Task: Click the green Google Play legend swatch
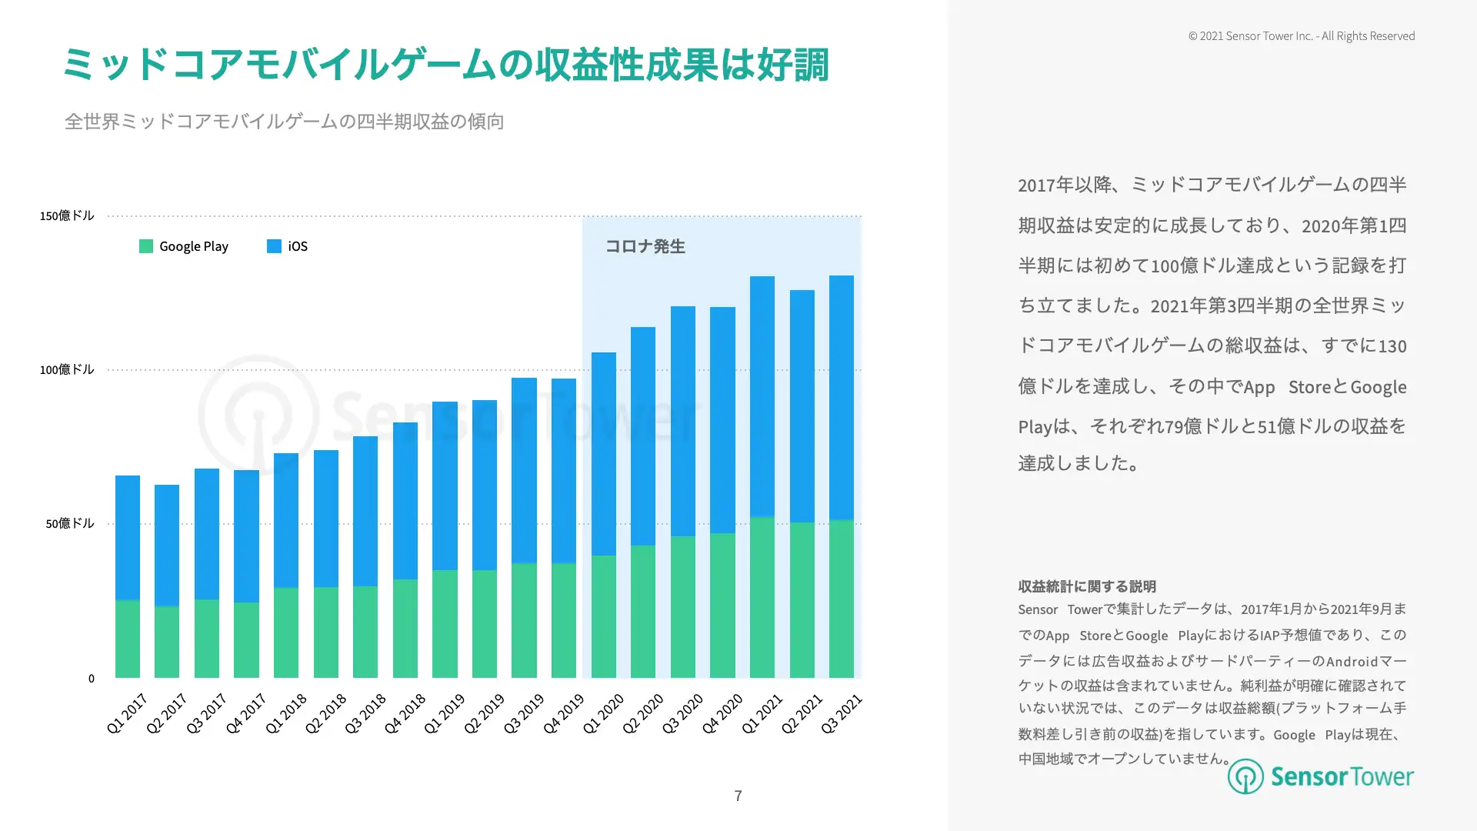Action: (x=146, y=246)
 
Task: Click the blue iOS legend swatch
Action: (x=274, y=246)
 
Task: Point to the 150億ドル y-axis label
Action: (x=67, y=215)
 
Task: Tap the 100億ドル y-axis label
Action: (x=67, y=369)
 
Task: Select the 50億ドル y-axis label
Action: (x=70, y=523)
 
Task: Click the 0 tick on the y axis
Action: (x=92, y=678)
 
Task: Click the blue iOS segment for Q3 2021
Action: (x=842, y=398)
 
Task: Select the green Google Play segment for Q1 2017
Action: (x=128, y=639)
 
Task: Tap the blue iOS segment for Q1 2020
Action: (x=604, y=454)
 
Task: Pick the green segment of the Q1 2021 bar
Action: (x=762, y=597)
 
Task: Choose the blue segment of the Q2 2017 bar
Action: (x=167, y=546)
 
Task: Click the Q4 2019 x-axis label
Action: (x=564, y=713)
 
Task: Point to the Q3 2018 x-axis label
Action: (x=365, y=713)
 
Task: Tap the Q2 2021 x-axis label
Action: (x=802, y=713)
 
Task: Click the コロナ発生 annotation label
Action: (x=645, y=246)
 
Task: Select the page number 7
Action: (x=738, y=796)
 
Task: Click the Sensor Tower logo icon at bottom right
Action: (x=1245, y=776)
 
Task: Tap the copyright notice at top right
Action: (x=1302, y=36)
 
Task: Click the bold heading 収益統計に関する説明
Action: (x=1087, y=586)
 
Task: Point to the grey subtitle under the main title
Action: (x=285, y=122)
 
